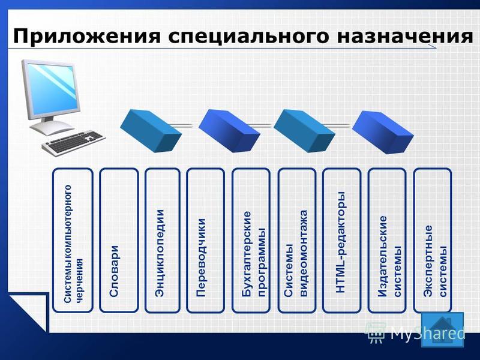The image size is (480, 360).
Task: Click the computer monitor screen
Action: click(x=52, y=88)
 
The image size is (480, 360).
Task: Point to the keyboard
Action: click(x=73, y=143)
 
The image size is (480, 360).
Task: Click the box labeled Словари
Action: click(x=119, y=241)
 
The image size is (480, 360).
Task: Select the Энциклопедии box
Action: click(x=162, y=241)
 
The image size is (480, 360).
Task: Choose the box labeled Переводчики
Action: click(x=205, y=241)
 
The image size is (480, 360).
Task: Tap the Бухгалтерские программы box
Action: click(x=251, y=241)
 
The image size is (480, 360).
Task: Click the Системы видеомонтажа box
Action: click(x=296, y=241)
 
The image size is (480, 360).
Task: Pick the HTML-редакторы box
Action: click(x=341, y=241)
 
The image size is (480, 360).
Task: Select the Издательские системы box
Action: click(x=387, y=241)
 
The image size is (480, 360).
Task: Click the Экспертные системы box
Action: click(x=433, y=241)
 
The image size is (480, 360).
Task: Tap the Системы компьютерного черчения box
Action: click(x=73, y=241)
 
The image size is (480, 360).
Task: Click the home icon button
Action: click(x=443, y=329)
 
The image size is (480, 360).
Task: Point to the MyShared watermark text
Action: click(x=427, y=333)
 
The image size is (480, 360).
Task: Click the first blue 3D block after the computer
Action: click(x=151, y=131)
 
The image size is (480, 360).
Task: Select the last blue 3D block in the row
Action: click(x=383, y=132)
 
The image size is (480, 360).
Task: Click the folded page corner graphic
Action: click(x=29, y=311)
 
